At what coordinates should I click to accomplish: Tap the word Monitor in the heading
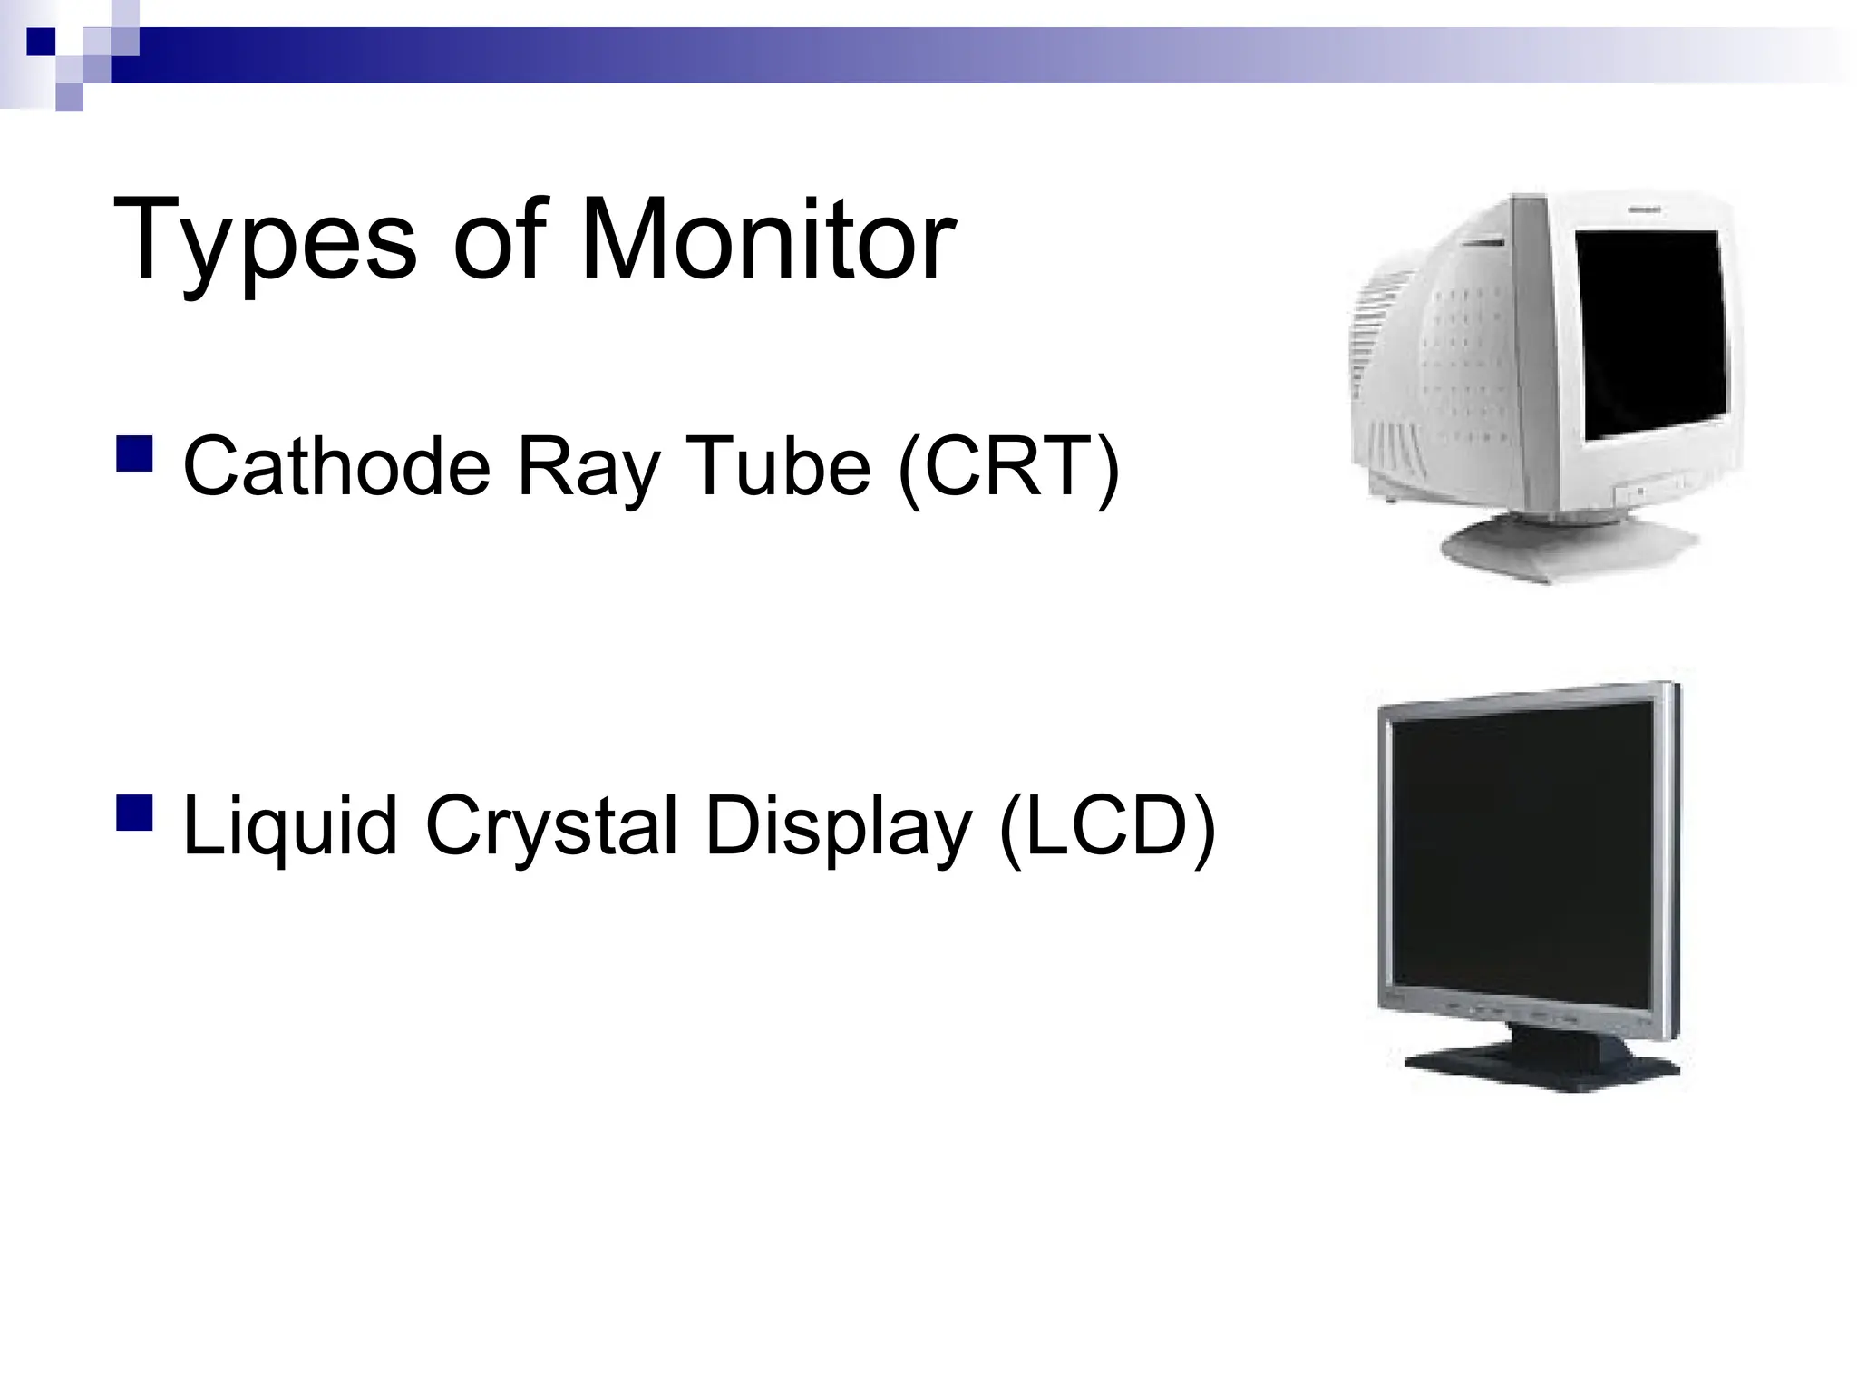coord(767,241)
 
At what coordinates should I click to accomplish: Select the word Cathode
coord(336,468)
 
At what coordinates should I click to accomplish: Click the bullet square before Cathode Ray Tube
coord(134,453)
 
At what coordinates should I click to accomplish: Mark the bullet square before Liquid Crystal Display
coord(134,813)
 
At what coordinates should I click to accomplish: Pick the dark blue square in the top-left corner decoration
coord(41,41)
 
